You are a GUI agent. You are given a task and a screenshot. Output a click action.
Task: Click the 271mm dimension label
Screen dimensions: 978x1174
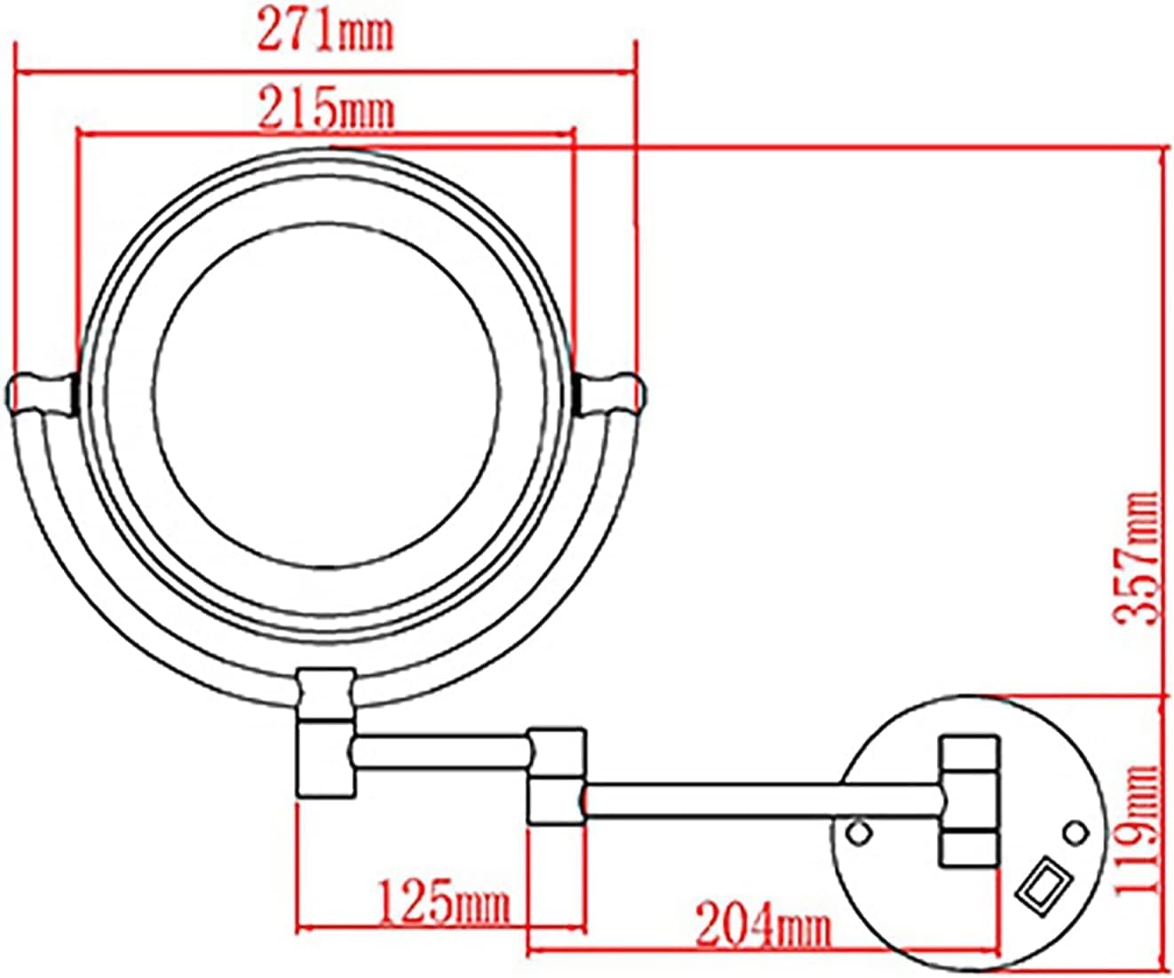coord(325,33)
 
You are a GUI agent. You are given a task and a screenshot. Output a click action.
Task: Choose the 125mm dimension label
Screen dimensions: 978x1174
coord(444,902)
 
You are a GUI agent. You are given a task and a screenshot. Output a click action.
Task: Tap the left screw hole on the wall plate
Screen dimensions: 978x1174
coord(858,831)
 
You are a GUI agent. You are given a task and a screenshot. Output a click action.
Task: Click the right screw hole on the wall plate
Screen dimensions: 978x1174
coord(1075,831)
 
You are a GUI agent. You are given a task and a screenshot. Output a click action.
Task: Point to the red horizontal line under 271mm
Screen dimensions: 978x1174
coord(325,72)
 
